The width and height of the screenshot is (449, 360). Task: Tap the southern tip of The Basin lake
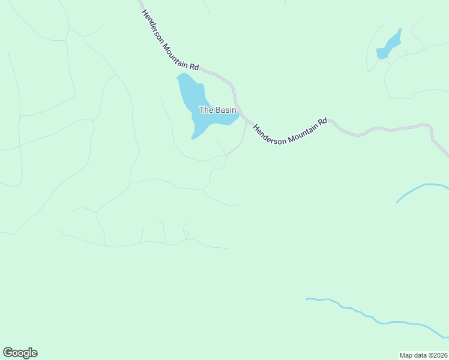click(193, 138)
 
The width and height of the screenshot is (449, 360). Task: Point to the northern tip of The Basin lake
click(179, 76)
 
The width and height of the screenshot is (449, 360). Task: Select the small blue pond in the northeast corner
click(389, 46)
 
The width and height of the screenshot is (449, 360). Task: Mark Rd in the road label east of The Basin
click(323, 121)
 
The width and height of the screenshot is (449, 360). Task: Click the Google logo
click(20, 353)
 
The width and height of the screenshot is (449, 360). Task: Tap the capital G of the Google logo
click(7, 352)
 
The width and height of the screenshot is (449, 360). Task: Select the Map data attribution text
click(423, 355)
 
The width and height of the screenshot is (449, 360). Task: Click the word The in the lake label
click(205, 110)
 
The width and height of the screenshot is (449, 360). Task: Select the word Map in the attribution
click(406, 355)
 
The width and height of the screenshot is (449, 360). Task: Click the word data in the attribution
click(419, 355)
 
